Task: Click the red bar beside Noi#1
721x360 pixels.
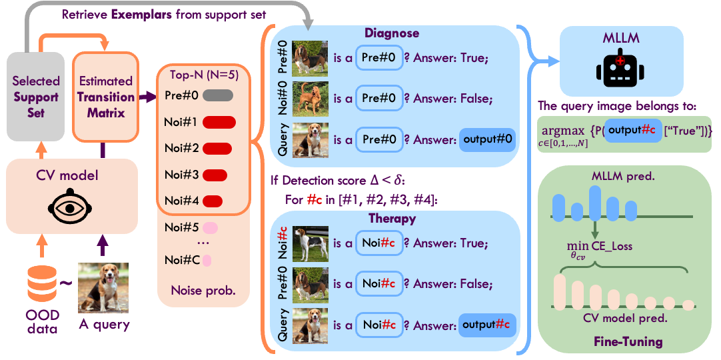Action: click(219, 122)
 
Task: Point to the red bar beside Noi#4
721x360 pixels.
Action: click(213, 200)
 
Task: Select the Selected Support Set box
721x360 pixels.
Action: click(36, 97)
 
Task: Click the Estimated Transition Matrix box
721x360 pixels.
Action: click(106, 97)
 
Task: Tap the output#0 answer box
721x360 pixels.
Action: click(487, 141)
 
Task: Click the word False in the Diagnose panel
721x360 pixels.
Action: click(476, 99)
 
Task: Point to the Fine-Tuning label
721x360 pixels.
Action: click(628, 342)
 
